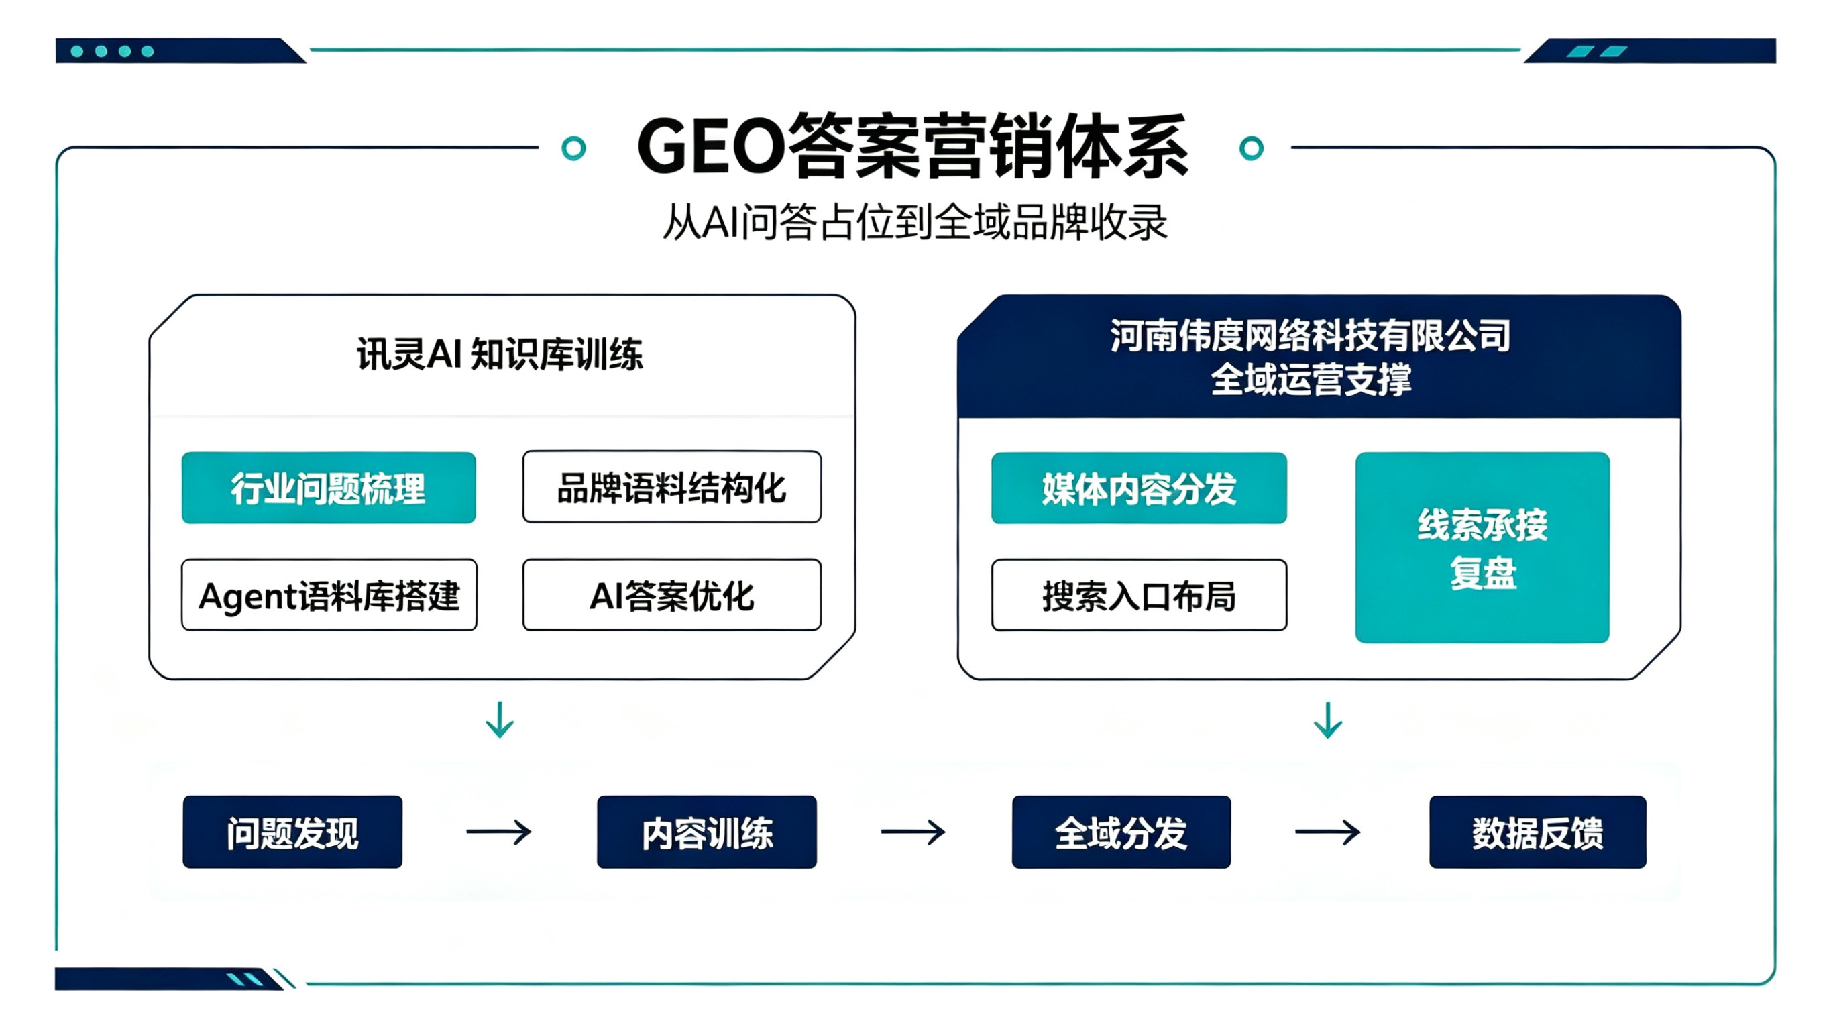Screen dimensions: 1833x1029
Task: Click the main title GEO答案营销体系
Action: coord(913,147)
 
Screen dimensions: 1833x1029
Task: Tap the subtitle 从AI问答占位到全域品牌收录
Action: coord(915,222)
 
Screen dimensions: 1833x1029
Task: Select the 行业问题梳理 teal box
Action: coord(329,488)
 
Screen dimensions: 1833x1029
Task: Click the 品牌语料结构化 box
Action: coord(672,488)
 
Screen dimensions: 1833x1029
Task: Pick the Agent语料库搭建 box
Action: coord(329,595)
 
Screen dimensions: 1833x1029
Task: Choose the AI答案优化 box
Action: coord(672,595)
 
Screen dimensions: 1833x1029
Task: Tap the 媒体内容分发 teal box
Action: coord(1139,488)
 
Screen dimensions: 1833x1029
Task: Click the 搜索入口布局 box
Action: coord(1139,595)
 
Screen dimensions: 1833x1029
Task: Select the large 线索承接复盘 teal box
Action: coord(1482,547)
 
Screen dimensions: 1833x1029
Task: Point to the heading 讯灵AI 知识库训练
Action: coord(500,354)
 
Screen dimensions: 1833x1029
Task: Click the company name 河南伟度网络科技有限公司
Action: coord(1310,335)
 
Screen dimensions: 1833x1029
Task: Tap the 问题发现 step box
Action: coord(292,832)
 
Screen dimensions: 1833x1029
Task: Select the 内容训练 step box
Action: coord(707,832)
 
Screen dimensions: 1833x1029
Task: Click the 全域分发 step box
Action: coord(1121,832)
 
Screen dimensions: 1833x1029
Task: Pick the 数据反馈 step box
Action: coord(1538,832)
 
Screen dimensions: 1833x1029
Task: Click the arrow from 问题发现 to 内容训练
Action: coord(499,832)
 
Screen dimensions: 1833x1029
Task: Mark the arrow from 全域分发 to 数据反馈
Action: coord(1328,832)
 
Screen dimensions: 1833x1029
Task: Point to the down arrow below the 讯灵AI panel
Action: coord(500,720)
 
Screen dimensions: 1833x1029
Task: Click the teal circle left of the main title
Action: coord(573,148)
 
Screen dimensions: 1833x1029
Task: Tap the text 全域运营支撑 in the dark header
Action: coord(1311,379)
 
